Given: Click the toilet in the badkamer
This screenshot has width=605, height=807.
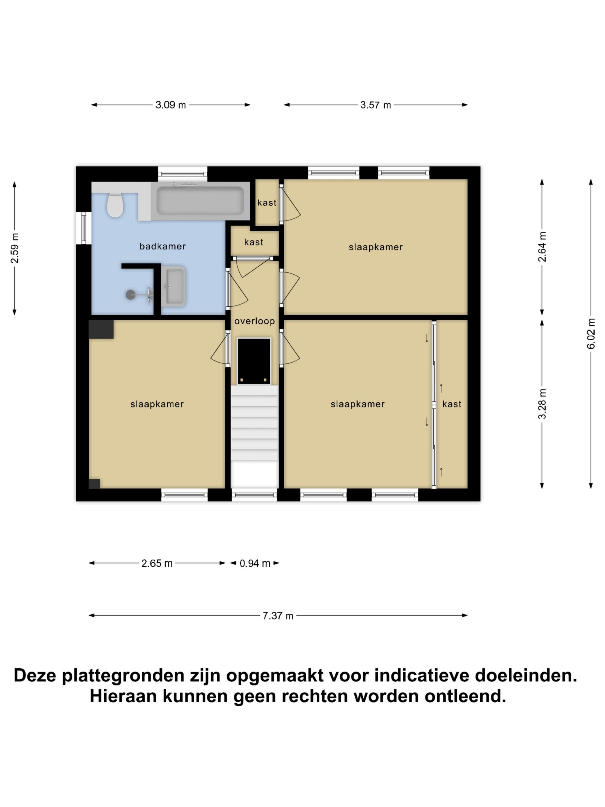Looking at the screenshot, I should coord(115,205).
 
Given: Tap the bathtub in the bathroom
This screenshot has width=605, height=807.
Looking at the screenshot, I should coord(200,201).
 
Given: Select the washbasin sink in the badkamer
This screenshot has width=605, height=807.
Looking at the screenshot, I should coord(174,286).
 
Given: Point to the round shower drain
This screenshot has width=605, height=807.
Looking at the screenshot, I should coord(131,295).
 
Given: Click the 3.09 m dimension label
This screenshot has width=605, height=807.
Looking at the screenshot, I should coord(170,105).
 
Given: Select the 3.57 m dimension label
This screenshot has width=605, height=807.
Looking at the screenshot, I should coord(375,105).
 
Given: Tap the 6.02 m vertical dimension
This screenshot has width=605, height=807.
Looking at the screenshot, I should coord(591,333).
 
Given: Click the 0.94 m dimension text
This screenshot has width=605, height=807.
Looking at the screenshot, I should coord(255,563).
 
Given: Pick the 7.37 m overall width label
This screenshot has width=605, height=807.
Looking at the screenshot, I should coord(278,616).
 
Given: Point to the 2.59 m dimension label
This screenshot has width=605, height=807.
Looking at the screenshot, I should coord(15,248).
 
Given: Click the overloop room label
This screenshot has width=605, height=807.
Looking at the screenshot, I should coord(254,321).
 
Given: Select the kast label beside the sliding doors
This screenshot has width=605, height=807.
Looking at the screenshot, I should coord(451,404).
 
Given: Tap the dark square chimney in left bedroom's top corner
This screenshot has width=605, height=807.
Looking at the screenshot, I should coord(101,329).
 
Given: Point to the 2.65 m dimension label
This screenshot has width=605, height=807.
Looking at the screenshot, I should coord(157,563).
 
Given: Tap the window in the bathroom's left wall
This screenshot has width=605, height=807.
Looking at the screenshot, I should coord(84,228).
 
